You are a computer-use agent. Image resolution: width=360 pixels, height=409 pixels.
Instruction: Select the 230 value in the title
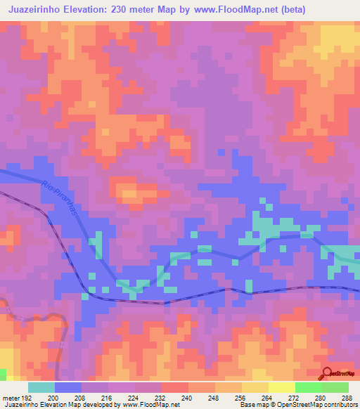[x=128, y=11]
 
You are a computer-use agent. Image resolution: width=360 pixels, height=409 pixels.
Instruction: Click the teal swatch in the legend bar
[x=41, y=387]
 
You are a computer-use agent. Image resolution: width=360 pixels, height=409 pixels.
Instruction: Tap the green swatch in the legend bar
[x=308, y=387]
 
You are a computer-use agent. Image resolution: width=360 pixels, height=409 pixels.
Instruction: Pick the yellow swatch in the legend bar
[x=281, y=387]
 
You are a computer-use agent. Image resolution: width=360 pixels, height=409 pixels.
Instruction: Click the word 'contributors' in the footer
[x=341, y=405]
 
